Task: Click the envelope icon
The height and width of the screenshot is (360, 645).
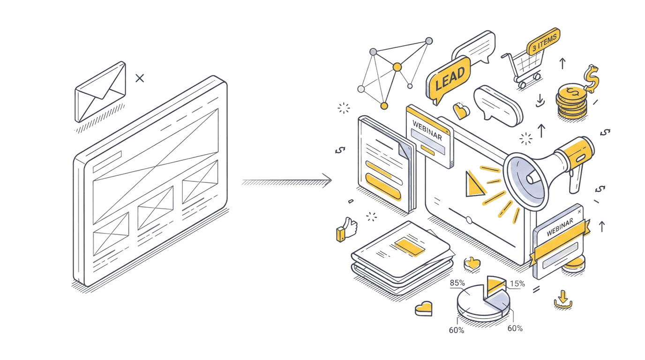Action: (100, 92)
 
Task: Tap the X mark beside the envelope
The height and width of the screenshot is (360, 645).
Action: (140, 78)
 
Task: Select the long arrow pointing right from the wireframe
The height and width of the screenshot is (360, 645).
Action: (286, 182)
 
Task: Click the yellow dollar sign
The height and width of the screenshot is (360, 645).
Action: (591, 79)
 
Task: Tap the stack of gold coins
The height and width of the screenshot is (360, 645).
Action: (571, 102)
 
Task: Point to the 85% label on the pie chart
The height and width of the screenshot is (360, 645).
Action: (457, 283)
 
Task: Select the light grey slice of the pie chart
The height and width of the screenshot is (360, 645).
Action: (497, 302)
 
